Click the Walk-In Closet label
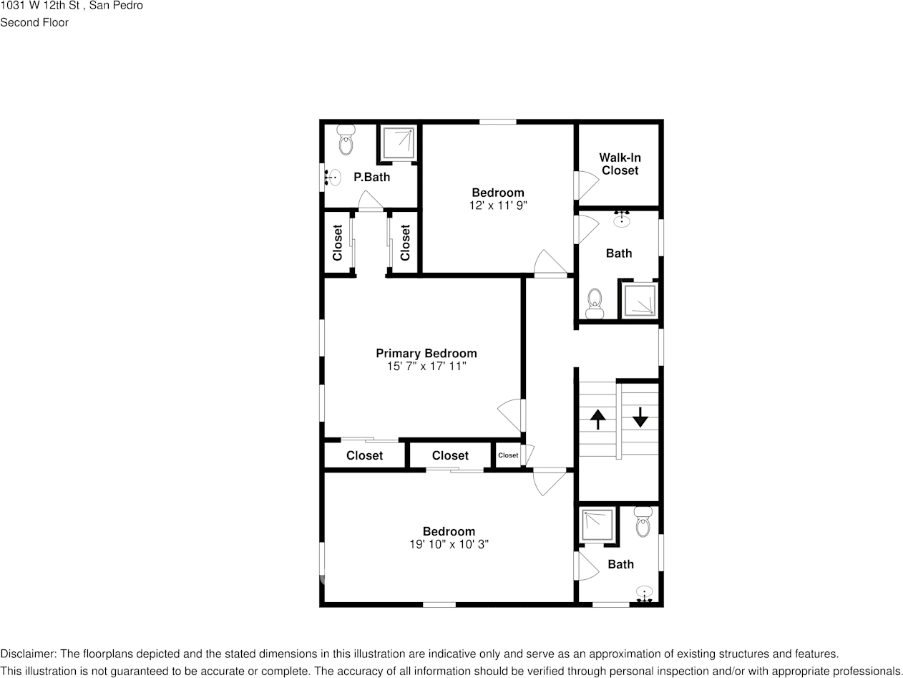[x=620, y=164]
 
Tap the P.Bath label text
[x=371, y=177]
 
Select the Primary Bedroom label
[x=426, y=353]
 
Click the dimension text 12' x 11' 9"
[x=497, y=205]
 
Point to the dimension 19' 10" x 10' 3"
[x=448, y=544]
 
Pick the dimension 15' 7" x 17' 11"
[x=426, y=367]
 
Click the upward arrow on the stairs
[x=597, y=418]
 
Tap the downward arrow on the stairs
[x=640, y=417]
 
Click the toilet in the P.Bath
[x=346, y=140]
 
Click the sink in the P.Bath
[x=333, y=177]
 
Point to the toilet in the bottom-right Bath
[x=643, y=523]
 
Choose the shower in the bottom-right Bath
[x=597, y=526]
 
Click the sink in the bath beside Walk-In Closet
[x=622, y=219]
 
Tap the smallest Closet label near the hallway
[x=508, y=455]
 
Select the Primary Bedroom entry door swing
[x=511, y=415]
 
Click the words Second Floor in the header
[x=34, y=22]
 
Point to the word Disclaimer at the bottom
[x=27, y=654]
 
